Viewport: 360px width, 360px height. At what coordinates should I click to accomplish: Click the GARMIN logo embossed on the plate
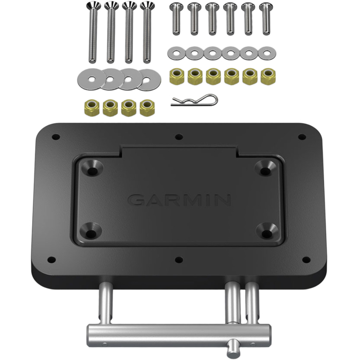tap(179, 200)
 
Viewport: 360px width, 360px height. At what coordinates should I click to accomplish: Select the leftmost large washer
tap(88, 78)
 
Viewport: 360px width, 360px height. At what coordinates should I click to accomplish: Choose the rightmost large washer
tap(149, 78)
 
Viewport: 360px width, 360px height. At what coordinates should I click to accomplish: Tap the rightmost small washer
tap(266, 52)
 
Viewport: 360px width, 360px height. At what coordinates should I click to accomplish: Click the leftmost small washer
tap(176, 52)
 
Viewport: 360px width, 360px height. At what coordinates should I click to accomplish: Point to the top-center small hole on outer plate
tap(178, 137)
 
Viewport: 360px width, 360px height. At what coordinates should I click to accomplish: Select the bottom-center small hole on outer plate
tap(178, 260)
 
